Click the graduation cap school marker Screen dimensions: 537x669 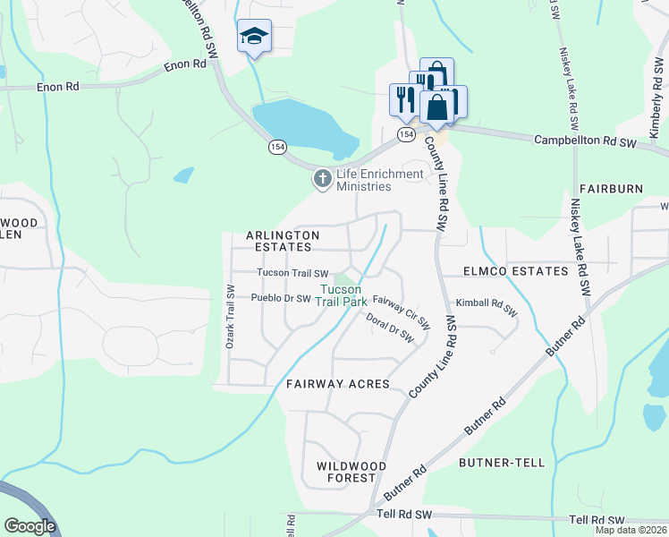point(254,38)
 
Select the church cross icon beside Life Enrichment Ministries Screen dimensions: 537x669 point(322,180)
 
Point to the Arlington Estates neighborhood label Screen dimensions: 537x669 point(283,241)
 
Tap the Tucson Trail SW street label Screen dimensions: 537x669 point(292,273)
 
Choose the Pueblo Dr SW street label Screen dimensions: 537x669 point(280,298)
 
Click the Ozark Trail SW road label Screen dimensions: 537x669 point(230,317)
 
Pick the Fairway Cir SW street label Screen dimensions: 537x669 point(402,311)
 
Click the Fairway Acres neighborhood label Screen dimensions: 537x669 point(338,384)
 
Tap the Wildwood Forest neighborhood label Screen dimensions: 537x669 point(351,472)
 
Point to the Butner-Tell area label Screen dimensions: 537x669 point(501,463)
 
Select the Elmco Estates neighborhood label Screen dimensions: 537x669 point(515,270)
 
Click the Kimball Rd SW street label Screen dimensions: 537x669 point(487,307)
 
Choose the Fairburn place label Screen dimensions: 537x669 point(611,190)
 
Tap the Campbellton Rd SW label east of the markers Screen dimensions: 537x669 point(584,142)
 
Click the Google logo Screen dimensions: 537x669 point(30,526)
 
